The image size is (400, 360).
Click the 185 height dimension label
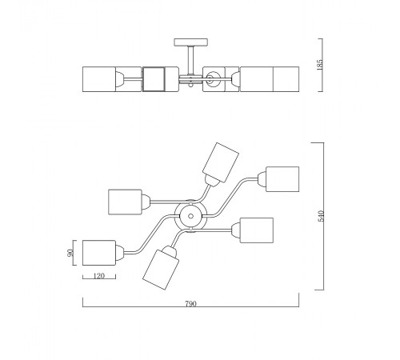tap(320, 65)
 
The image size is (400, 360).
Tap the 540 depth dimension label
tap(321, 216)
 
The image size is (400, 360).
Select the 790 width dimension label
tap(190, 304)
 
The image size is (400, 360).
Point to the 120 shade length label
tap(99, 276)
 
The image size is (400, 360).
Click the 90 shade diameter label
tap(70, 253)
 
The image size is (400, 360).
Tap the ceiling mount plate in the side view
tap(191, 42)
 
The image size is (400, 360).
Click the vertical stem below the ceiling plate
tap(191, 60)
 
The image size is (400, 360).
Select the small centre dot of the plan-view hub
tap(190, 216)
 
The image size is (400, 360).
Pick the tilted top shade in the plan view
tap(221, 162)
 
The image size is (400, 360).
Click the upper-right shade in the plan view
tap(282, 179)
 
